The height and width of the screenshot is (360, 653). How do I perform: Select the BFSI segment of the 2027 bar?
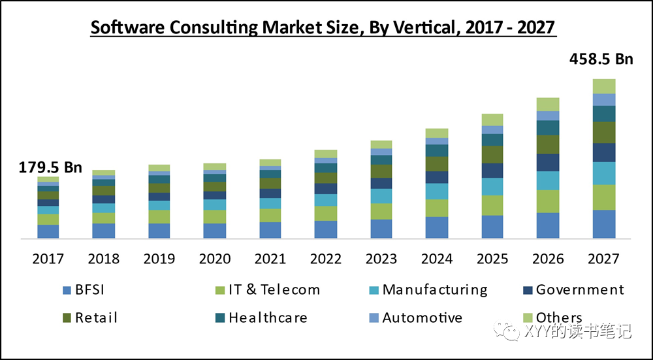pos(604,223)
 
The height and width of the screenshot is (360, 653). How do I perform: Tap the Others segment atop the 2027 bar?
pos(604,86)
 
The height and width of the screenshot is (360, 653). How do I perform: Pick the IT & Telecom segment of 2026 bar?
pos(548,201)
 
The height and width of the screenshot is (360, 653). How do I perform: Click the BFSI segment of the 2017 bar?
pos(48,231)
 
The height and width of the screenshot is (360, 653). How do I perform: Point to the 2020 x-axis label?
pos(215,259)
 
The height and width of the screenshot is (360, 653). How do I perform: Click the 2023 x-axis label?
pos(381,259)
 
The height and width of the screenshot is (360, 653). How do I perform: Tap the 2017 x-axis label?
pos(48,259)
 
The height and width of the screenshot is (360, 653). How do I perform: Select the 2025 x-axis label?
pos(492,259)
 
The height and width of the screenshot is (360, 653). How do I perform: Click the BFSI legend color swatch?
pos(67,290)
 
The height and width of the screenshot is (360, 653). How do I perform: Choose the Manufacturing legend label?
pos(435,289)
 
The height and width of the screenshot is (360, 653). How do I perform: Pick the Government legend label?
pos(580,289)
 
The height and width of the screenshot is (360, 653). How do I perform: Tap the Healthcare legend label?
pos(268,318)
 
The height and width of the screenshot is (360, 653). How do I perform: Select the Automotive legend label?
pos(422,318)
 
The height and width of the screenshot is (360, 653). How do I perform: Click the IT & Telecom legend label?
pos(274,289)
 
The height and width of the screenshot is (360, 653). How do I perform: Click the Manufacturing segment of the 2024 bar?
pos(437,191)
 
